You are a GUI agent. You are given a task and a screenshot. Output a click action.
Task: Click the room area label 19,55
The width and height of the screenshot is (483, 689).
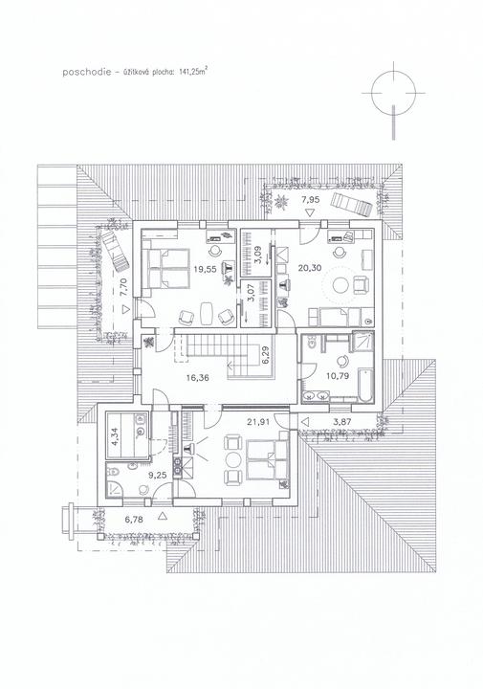pyautogui.click(x=205, y=269)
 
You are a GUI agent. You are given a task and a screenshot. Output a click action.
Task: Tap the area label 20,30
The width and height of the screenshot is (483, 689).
pyautogui.click(x=310, y=267)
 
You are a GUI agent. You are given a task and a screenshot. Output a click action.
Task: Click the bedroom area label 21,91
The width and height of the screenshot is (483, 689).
pyautogui.click(x=257, y=422)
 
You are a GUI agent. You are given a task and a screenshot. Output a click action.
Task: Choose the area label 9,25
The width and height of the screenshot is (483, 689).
pyautogui.click(x=146, y=475)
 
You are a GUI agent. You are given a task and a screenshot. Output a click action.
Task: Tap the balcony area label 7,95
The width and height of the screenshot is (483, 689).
pyautogui.click(x=310, y=199)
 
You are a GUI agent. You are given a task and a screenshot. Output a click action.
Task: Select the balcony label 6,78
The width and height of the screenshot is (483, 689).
pyautogui.click(x=134, y=520)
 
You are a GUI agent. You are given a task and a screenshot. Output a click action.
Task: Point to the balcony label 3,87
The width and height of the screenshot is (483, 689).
pyautogui.click(x=342, y=422)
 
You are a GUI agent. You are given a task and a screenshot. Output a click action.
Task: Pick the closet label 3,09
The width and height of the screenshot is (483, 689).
pyautogui.click(x=258, y=255)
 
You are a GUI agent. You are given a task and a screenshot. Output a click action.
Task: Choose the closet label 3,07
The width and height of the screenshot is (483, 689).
pyautogui.click(x=251, y=292)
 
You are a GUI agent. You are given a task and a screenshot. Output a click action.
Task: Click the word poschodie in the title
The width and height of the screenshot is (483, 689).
pyautogui.click(x=86, y=72)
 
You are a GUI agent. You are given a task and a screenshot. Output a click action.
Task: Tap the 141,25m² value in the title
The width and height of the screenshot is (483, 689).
pyautogui.click(x=193, y=72)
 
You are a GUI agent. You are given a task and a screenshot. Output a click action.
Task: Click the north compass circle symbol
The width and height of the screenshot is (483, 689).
pyautogui.click(x=393, y=93)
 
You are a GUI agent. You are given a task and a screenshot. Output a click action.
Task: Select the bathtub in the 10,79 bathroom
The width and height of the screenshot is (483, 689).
pyautogui.click(x=365, y=386)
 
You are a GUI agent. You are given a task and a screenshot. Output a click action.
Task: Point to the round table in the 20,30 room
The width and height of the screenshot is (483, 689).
pyautogui.click(x=340, y=285)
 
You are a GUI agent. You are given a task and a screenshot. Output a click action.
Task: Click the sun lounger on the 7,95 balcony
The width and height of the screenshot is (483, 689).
pyautogui.click(x=352, y=204)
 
